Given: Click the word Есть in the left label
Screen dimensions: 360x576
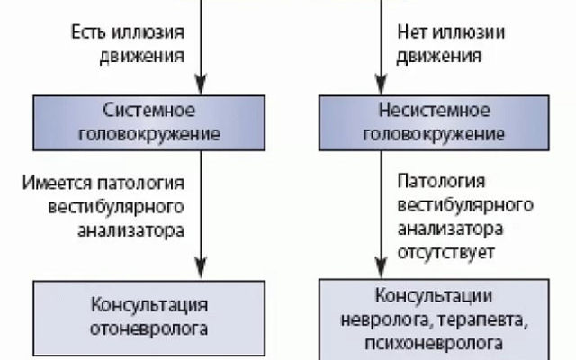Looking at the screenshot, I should coord(87,32).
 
